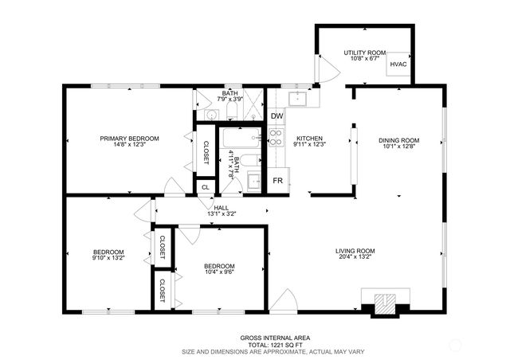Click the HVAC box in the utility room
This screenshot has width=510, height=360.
click(398, 64)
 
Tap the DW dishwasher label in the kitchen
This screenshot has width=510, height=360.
click(277, 116)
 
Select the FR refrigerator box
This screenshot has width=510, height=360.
click(278, 181)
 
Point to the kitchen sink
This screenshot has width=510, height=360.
click(297, 99)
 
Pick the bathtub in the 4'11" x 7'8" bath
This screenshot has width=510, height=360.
click(241, 137)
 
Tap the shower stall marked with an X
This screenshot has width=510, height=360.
click(253, 104)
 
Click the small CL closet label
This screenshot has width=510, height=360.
click(206, 187)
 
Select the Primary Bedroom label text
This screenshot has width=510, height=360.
click(129, 139)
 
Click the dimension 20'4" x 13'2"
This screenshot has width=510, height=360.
click(355, 256)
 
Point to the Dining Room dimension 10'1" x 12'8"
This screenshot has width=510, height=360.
click(398, 146)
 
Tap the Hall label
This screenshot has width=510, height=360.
click(222, 208)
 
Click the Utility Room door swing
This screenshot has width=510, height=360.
click(329, 69)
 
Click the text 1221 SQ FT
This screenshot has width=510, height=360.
click(287, 345)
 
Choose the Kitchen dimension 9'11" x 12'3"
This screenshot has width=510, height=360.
click(310, 144)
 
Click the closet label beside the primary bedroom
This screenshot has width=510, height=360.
click(206, 152)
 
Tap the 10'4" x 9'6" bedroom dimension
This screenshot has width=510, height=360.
click(219, 272)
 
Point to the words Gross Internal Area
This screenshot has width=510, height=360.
click(275, 338)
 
